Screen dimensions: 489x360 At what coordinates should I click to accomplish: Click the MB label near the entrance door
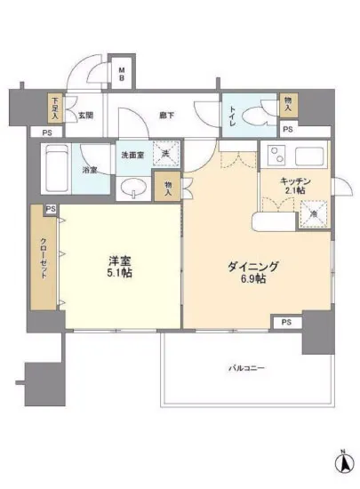point(124,75)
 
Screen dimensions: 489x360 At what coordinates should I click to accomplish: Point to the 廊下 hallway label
point(165,115)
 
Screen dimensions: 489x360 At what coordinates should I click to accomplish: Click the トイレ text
point(233,115)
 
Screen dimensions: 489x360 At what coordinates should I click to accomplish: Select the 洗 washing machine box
point(165,154)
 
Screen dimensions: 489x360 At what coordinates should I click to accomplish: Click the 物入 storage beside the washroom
point(166,186)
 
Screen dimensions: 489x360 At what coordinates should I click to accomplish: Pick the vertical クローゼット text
point(43,258)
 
